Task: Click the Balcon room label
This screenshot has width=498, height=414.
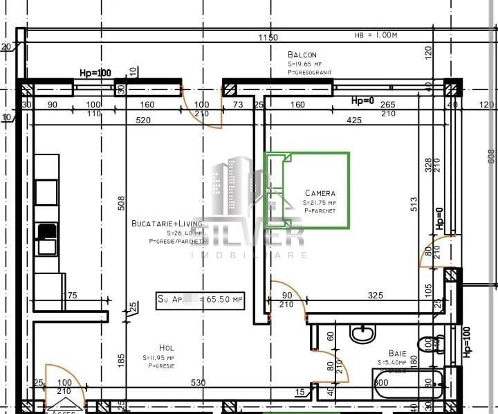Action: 302,55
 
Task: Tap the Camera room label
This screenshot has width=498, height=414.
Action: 320,193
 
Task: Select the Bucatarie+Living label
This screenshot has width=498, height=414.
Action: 167,224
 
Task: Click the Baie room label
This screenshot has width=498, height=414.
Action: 397,352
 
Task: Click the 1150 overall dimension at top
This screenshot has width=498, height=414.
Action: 268,37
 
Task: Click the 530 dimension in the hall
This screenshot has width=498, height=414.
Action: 198,383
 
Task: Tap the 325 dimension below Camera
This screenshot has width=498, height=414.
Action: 375,296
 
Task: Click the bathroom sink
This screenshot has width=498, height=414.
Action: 362,334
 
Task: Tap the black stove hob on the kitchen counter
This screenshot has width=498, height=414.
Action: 46,231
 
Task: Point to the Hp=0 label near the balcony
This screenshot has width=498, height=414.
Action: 362,101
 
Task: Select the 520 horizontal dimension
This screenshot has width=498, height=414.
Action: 143,120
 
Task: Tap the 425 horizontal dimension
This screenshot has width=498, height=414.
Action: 353,120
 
